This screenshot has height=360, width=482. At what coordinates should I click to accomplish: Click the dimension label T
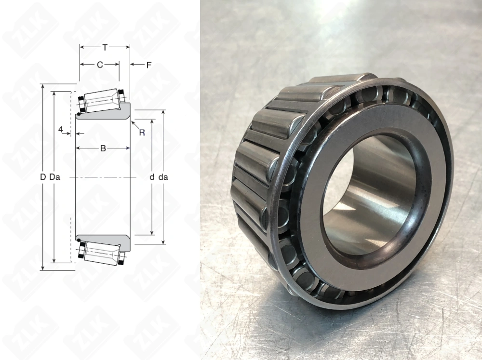tap(105, 47)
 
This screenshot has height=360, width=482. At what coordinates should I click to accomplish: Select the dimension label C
tap(100, 65)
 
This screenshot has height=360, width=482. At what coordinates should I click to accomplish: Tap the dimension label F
tap(149, 65)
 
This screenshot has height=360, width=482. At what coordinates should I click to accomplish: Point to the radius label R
tap(142, 133)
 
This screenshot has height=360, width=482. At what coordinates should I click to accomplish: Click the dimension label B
tap(103, 148)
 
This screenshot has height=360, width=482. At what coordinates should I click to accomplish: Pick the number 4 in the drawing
tap(60, 129)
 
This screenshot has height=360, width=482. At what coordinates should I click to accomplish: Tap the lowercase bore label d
tap(151, 177)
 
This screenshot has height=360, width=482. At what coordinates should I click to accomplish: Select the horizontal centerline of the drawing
tap(101, 178)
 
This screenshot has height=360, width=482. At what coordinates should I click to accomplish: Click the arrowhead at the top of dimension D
tap(43, 87)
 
